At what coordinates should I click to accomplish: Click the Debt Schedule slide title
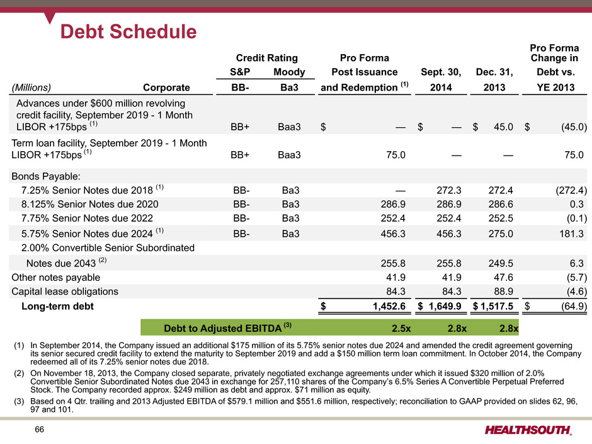click(128, 31)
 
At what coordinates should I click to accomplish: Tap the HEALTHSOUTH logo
click(528, 430)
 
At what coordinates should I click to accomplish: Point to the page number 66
click(39, 430)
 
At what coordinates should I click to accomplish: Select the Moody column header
click(289, 72)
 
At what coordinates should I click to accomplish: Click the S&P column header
click(240, 72)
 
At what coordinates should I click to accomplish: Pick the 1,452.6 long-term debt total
click(389, 306)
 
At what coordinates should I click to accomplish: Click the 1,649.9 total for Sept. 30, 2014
click(445, 306)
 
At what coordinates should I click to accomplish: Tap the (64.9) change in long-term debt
click(574, 306)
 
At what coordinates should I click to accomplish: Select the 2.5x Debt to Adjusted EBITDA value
click(401, 329)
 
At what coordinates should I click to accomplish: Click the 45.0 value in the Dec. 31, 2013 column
click(503, 127)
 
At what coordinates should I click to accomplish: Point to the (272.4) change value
click(571, 190)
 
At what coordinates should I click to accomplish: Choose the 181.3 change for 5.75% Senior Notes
click(571, 234)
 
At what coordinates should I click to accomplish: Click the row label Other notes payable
click(56, 278)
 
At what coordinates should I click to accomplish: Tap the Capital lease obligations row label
click(65, 292)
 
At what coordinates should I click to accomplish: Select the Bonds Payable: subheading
click(46, 176)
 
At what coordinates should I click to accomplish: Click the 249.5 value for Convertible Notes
click(501, 263)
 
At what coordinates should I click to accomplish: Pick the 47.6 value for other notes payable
click(503, 278)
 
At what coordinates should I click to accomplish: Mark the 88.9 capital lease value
click(503, 292)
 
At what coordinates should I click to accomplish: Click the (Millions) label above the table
click(31, 88)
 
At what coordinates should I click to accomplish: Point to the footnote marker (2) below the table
click(19, 373)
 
